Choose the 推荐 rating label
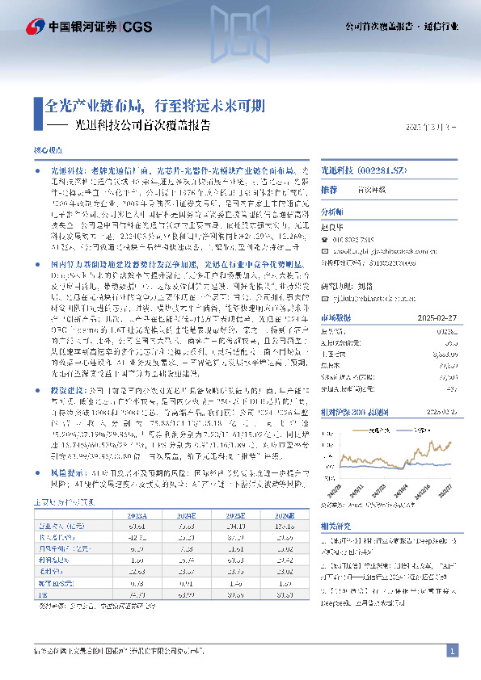click(329, 190)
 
